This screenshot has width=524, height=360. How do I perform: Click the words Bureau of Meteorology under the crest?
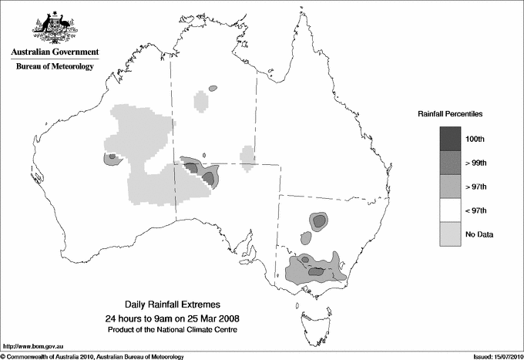pos(54,66)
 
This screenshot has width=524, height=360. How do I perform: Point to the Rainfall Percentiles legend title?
pos(450,113)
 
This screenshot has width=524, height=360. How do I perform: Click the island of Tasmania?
pos(310,315)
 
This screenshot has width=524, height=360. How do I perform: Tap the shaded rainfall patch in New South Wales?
pos(318,222)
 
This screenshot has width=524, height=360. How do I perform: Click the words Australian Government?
pos(54,52)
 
